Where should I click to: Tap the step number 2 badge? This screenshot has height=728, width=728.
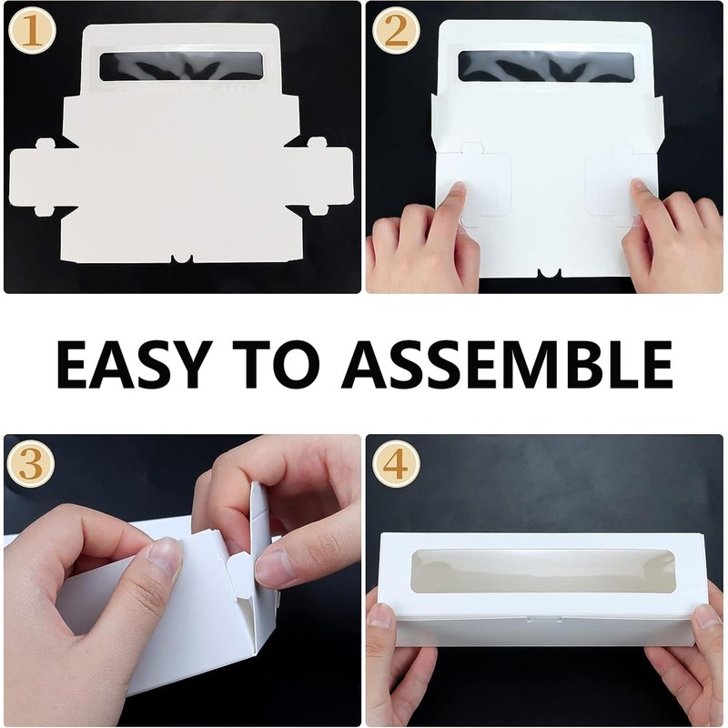coord(396,32)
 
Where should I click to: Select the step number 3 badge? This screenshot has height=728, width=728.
coord(31,464)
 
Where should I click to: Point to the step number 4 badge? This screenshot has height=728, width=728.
coord(396,463)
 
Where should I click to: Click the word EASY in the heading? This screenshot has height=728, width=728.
coord(131,364)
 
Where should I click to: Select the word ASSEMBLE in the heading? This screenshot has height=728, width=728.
coord(507,364)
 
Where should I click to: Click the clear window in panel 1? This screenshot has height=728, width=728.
coord(181,66)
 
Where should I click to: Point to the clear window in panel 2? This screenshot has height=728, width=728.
coord(546,66)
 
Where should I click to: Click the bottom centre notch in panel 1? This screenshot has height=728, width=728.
coord(182,258)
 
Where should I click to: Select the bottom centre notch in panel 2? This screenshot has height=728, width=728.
coord(550,274)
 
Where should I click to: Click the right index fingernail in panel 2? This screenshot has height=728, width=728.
coord(639,187)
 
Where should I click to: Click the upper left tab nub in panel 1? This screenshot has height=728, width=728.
coord(44,144)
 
